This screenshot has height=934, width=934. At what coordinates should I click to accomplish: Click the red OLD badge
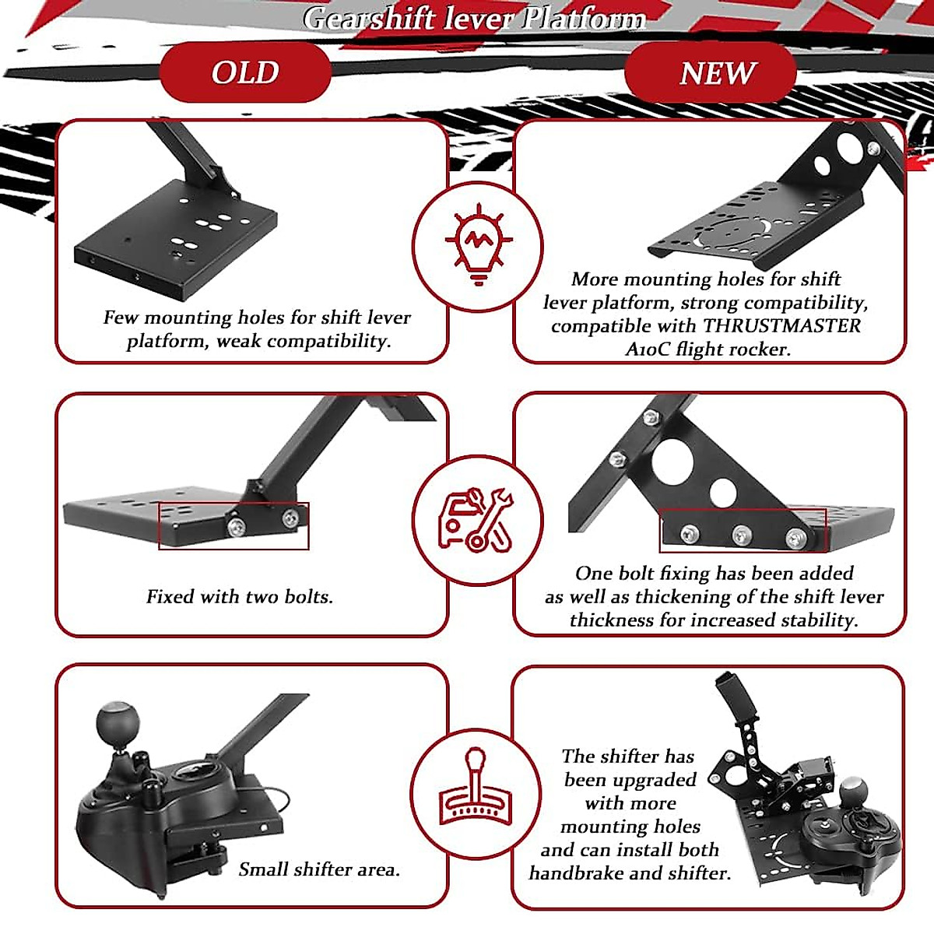coord(245,72)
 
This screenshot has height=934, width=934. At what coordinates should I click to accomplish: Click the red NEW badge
coord(717,73)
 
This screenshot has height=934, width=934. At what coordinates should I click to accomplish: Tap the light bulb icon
coord(478,244)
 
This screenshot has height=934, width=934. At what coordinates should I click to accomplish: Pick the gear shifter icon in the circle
coord(476,792)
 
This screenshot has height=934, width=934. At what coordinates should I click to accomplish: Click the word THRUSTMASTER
coord(781,325)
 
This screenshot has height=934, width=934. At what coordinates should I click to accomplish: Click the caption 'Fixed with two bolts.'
coord(240,597)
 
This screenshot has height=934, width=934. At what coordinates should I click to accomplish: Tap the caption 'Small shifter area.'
coord(319,869)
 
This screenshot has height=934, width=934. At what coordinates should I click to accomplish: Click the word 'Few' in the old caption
coord(121,318)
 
